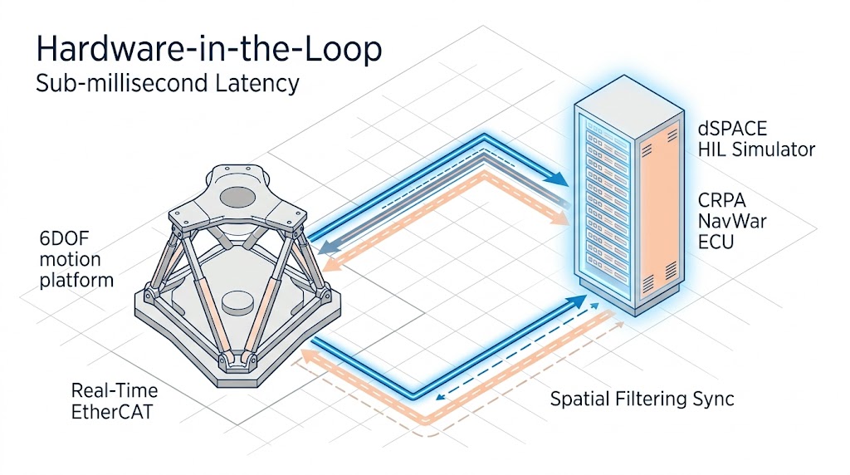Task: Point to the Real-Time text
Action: click(x=115, y=390)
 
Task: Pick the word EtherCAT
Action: click(x=112, y=411)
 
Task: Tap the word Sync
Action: click(x=713, y=399)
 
